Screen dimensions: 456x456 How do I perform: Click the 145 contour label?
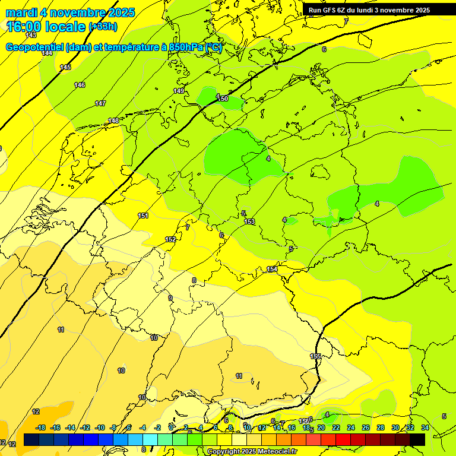(x=65, y=67)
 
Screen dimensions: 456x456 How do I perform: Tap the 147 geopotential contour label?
(x=100, y=103)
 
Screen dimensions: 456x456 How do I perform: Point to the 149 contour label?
(x=179, y=91)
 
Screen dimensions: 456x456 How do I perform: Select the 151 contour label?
(x=143, y=216)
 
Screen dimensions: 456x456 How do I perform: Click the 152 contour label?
(x=170, y=239)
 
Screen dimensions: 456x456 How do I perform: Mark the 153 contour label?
(x=249, y=221)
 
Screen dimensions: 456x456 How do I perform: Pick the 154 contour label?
(x=272, y=270)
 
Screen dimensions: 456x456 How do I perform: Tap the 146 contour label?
(x=80, y=85)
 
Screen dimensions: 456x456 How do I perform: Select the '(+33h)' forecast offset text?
(x=103, y=26)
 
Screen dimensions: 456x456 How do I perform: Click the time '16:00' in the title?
(x=26, y=26)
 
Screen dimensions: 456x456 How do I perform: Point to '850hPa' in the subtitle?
(x=185, y=47)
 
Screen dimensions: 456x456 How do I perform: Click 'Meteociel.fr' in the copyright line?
(x=273, y=452)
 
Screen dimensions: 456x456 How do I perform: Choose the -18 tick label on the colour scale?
(x=40, y=427)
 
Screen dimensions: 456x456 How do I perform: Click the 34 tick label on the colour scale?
(x=425, y=427)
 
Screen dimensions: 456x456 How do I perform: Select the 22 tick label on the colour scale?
(x=336, y=427)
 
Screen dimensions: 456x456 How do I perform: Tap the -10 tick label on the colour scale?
(x=100, y=427)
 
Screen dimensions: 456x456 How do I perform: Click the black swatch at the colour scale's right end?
(x=417, y=439)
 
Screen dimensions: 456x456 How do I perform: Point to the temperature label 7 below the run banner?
(x=346, y=21)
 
